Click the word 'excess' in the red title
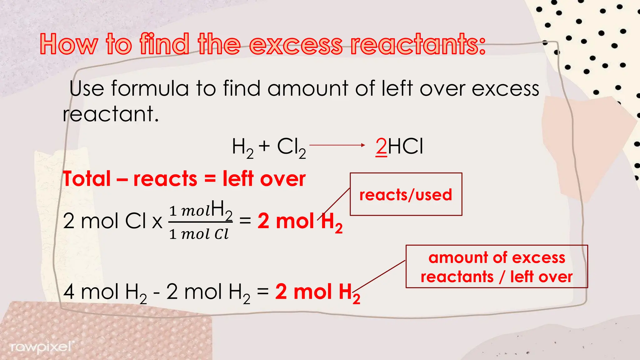tap(296, 45)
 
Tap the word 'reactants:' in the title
tap(418, 45)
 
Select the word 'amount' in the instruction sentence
tap(308, 88)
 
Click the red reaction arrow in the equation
tap(337, 145)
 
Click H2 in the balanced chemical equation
tap(242, 147)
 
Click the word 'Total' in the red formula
tap(87, 179)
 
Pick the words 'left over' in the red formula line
tap(264, 179)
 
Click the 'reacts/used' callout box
tap(406, 194)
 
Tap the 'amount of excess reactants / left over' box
tap(497, 267)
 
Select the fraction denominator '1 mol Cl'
tap(199, 234)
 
